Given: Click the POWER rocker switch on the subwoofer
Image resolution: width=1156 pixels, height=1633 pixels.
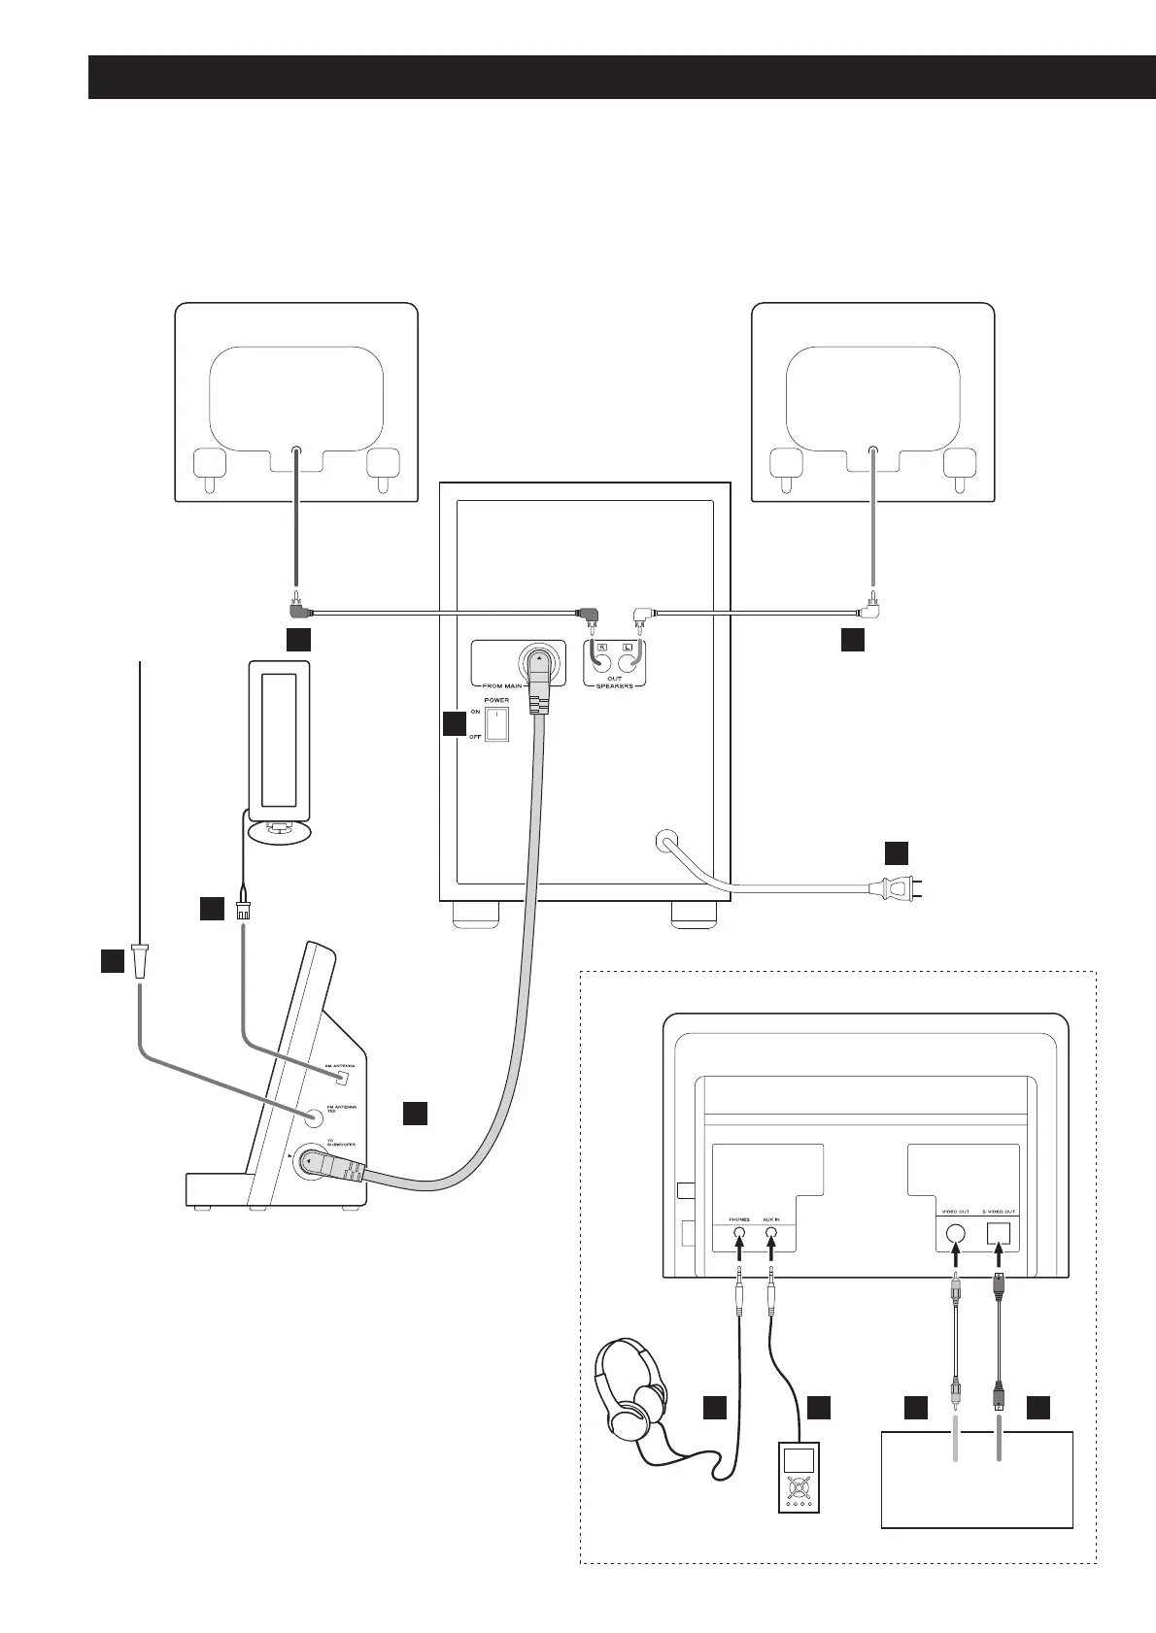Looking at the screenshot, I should point(496,723).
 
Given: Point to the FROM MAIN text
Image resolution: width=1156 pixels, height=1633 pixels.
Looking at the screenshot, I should point(503,685).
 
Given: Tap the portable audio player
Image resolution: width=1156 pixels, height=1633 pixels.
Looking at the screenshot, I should point(798,1476).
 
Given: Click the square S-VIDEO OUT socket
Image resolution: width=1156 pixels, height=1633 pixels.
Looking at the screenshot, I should point(999,1234).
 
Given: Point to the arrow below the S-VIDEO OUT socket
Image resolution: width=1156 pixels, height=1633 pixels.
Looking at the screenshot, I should point(999,1262).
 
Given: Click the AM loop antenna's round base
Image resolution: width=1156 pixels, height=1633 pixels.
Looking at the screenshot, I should point(280,831).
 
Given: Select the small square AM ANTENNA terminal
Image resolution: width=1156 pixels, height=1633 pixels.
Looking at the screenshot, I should point(341,1078).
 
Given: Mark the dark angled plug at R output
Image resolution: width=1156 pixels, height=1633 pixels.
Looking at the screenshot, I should point(589,615).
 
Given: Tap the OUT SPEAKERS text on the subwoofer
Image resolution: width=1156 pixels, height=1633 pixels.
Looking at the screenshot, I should point(615,683).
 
